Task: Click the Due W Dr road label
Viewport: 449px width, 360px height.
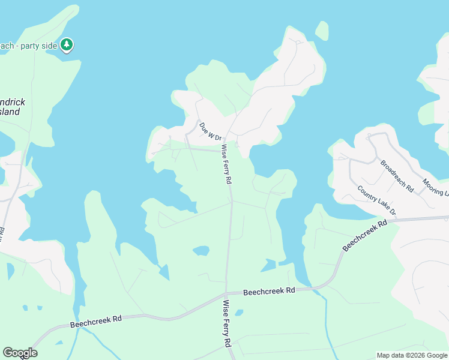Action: click(211, 133)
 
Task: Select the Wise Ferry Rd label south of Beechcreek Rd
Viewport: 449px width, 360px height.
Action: click(228, 324)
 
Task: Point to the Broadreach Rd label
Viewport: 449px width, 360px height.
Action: click(397, 175)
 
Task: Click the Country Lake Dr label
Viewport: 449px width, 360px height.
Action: click(377, 200)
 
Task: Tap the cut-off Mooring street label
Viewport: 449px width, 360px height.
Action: click(435, 187)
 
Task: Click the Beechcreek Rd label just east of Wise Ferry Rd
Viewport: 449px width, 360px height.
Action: click(270, 291)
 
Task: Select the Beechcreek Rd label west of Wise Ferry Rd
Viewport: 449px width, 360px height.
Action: click(96, 322)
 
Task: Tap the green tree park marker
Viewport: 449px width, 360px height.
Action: click(67, 44)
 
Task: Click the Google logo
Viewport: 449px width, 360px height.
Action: click(20, 353)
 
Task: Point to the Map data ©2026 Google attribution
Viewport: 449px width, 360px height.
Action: click(411, 355)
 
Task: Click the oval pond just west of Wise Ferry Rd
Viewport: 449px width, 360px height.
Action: click(201, 250)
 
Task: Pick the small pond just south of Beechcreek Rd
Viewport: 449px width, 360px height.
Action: click(239, 313)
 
